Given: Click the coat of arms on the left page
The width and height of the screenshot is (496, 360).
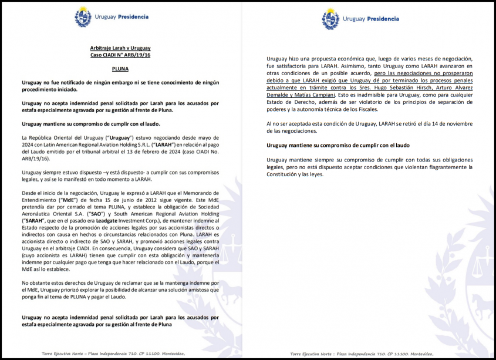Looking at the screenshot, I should click(x=83, y=17).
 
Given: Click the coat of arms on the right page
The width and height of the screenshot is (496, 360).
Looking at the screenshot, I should click(x=330, y=19).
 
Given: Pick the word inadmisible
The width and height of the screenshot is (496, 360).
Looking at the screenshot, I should click(x=369, y=95).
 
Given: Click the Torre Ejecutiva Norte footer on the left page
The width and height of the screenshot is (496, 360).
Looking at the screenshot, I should click(x=105, y=354).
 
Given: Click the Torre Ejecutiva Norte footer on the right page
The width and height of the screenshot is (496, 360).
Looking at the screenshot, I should click(x=362, y=354).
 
